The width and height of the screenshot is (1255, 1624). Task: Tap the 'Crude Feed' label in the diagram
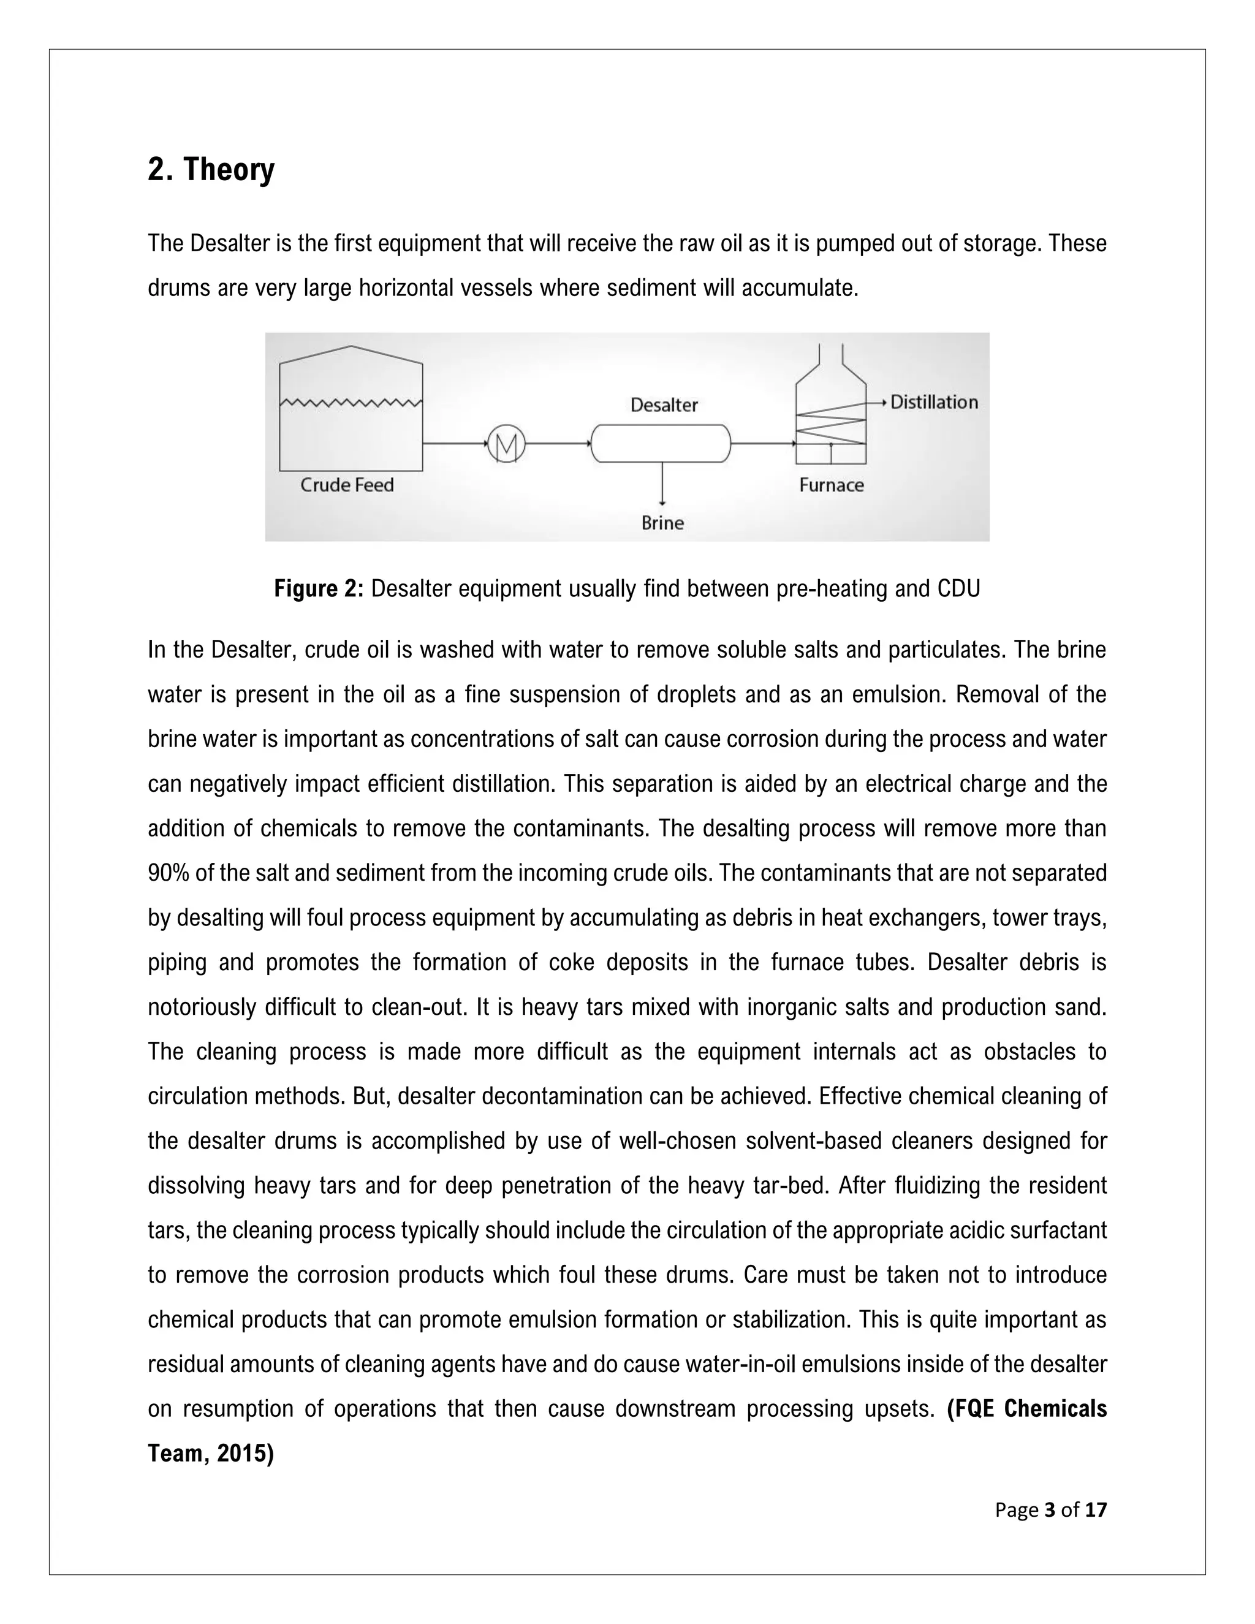coord(346,485)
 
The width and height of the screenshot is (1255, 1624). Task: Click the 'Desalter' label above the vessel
coord(664,405)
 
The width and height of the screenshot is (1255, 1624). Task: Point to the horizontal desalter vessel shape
coord(660,444)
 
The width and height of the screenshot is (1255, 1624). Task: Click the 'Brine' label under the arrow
coord(662,523)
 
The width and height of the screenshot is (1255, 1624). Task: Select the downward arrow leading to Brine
coord(662,484)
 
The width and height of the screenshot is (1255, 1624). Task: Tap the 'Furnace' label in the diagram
coord(831,485)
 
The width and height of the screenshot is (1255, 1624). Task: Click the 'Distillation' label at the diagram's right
coord(934,402)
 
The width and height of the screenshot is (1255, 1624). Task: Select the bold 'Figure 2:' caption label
coord(318,589)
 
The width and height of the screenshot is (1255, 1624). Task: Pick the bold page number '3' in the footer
coord(1050,1510)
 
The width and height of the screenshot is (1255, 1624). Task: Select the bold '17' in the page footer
coord(1096,1510)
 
